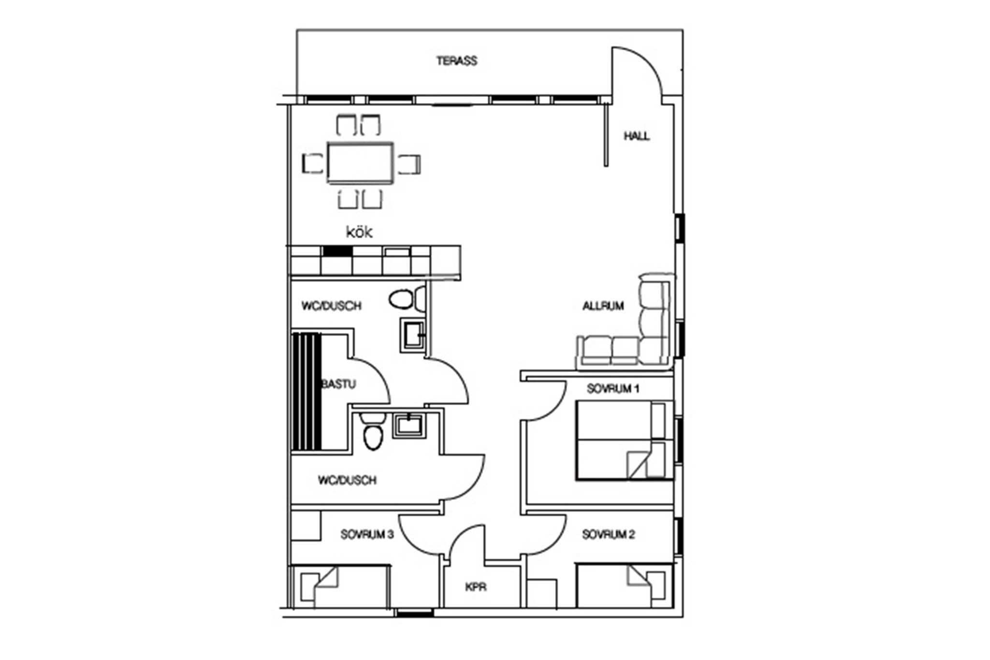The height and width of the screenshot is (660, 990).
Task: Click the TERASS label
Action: pos(457,61)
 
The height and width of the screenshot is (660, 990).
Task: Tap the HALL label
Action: pos(637,136)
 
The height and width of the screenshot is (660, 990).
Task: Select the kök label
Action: pos(359,233)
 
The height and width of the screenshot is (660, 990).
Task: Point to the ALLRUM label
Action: pos(603,306)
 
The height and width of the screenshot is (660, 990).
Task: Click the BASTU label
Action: pos(339,384)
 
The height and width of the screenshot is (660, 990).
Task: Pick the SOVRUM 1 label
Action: pos(613,389)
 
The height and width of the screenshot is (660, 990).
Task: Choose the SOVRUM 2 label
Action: pos(609,535)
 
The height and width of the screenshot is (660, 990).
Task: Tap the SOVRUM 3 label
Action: pos(367,535)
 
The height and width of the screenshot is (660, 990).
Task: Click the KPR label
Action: pos(476,587)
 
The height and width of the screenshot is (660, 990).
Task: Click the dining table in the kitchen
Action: pos(360,163)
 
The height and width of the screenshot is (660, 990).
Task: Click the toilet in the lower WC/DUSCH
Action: pos(372,438)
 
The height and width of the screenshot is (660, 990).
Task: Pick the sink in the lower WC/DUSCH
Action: pos(408,425)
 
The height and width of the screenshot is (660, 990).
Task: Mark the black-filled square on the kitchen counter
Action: pos(337,251)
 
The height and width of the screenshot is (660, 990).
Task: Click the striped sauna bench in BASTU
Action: pos(306,391)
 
